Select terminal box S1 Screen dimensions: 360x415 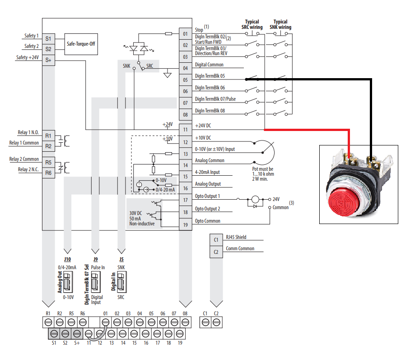(48, 39)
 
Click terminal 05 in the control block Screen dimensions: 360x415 (185, 80)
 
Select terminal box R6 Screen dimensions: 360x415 (48, 172)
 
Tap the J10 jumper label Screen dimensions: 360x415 (68, 260)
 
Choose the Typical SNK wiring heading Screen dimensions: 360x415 (280, 24)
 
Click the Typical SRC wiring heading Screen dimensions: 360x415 (252, 24)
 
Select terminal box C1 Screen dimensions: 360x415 (216, 240)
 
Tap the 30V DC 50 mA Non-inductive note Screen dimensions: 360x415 (142, 218)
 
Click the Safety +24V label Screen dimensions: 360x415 (27, 57)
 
